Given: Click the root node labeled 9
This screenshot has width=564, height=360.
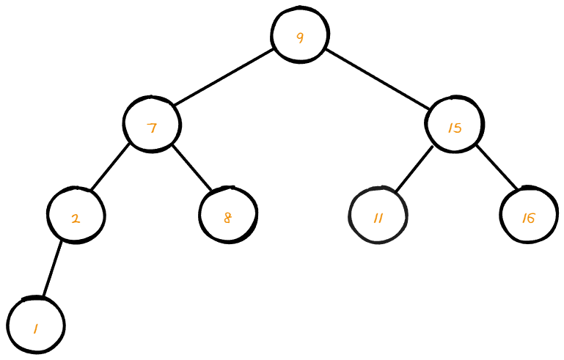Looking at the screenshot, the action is pyautogui.click(x=299, y=35).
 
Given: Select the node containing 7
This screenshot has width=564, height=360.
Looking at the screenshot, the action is pyautogui.click(x=152, y=125).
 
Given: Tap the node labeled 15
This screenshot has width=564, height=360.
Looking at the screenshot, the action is pyautogui.click(x=454, y=125).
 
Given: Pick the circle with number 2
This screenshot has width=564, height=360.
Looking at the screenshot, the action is pyautogui.click(x=76, y=216).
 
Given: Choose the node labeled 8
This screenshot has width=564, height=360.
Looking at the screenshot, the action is pyautogui.click(x=227, y=216).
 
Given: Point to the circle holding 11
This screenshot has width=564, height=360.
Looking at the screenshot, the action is pyautogui.click(x=378, y=216).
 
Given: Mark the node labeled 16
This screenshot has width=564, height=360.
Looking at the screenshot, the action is pyautogui.click(x=528, y=216).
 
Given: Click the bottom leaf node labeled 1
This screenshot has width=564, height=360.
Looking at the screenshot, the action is pyautogui.click(x=36, y=326).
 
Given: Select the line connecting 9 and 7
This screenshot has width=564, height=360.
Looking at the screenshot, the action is pyautogui.click(x=224, y=78).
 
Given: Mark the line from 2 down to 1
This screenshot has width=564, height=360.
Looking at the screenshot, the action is pyautogui.click(x=52, y=269).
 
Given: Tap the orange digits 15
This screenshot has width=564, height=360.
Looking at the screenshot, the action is pyautogui.click(x=455, y=128).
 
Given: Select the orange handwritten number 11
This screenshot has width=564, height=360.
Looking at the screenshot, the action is pyautogui.click(x=378, y=218).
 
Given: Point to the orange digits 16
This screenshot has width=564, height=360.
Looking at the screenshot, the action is pyautogui.click(x=528, y=218).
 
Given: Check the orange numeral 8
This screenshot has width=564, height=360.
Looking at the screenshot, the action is pyautogui.click(x=227, y=218).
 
